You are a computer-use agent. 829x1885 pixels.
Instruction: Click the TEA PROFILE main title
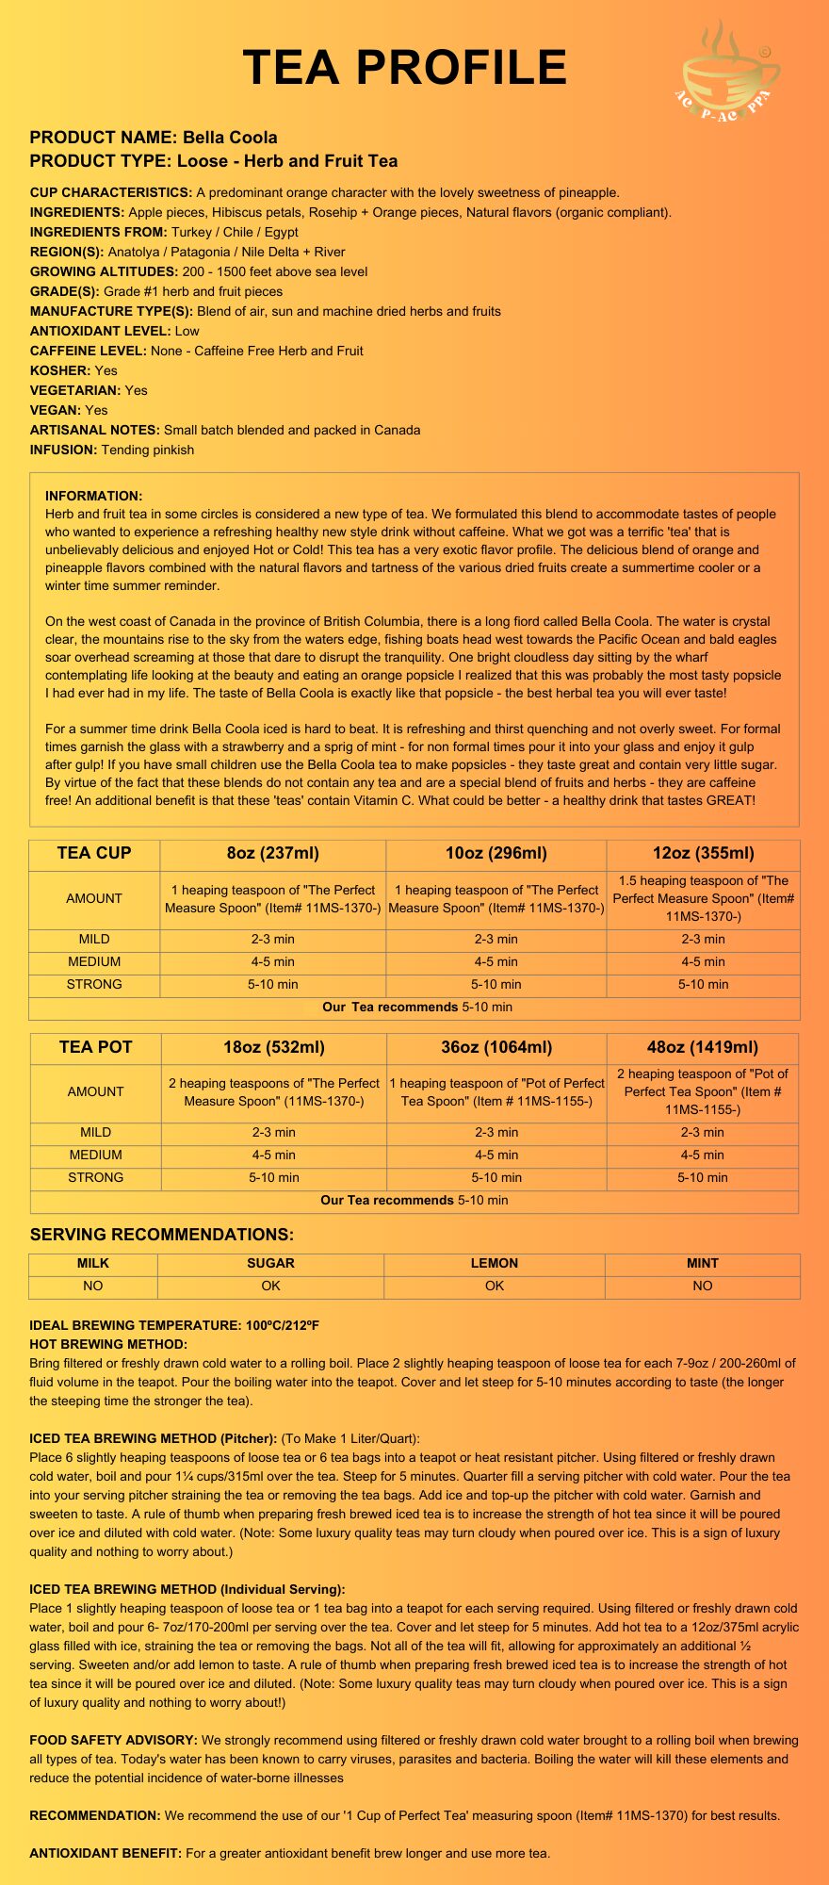[x=405, y=68]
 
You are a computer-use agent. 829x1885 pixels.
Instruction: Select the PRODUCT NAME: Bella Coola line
[x=154, y=138]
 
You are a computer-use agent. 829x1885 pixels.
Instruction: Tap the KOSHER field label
[x=60, y=370]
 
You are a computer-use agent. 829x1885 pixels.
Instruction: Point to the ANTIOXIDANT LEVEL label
[x=100, y=331]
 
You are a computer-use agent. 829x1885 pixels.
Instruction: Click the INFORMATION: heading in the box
[x=93, y=496]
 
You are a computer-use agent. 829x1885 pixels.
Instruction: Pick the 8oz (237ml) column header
[x=273, y=854]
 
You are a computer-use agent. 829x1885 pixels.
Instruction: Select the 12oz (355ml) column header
[x=703, y=854]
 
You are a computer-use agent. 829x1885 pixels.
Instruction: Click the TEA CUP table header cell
[x=94, y=854]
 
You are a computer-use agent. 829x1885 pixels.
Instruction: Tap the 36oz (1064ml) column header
[x=496, y=1047]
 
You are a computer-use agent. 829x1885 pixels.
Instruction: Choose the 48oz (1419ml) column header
[x=703, y=1047]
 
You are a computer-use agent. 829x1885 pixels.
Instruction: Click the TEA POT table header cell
[x=95, y=1047]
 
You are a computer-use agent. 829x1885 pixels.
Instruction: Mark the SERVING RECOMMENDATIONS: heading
[x=162, y=1235]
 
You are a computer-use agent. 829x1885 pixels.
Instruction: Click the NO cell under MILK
[x=93, y=1286]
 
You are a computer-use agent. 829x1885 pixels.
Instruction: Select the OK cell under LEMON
[x=495, y=1286]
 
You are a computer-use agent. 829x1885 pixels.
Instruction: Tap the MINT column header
[x=703, y=1263]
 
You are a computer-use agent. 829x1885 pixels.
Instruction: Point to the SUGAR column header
[x=270, y=1263]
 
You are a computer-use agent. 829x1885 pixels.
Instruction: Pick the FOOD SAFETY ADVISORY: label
[x=113, y=1740]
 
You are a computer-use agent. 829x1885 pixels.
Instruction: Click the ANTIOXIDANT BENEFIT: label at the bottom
[x=106, y=1853]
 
